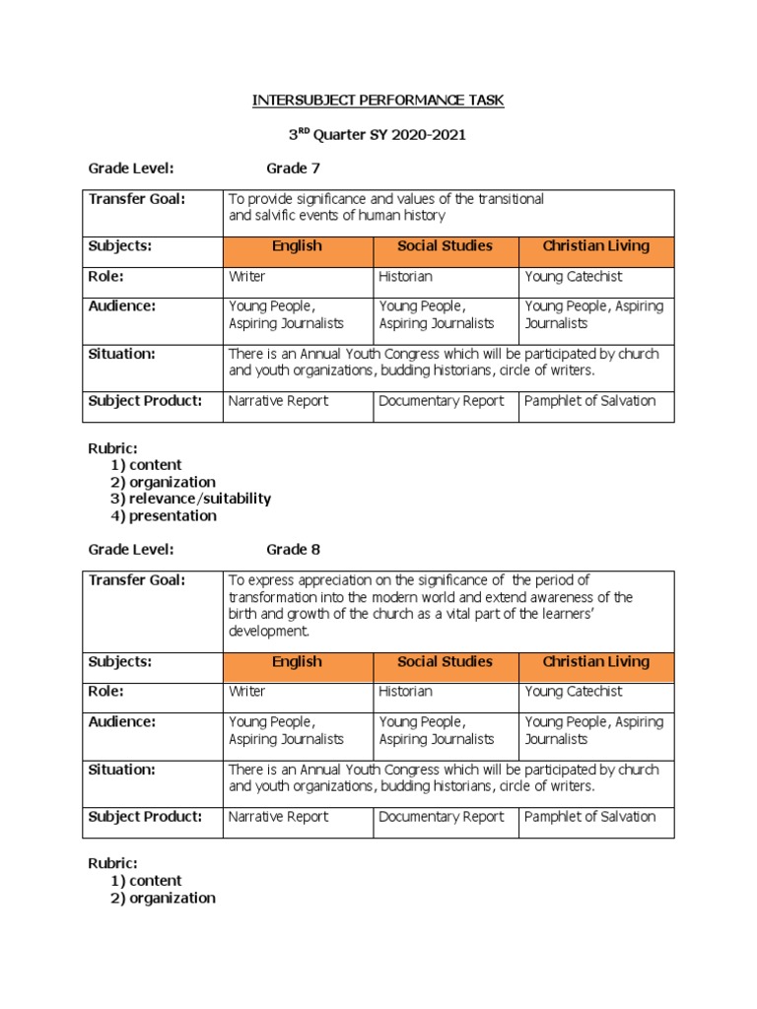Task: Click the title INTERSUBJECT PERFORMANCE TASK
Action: (378, 101)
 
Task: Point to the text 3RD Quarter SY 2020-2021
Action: (378, 135)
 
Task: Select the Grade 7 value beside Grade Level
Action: (293, 168)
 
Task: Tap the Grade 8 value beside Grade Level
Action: (293, 549)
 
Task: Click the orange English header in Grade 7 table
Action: (297, 246)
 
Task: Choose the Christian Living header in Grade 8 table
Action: (596, 662)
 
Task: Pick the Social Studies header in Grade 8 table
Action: (445, 662)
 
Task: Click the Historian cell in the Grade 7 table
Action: (405, 277)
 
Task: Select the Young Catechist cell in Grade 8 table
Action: (574, 692)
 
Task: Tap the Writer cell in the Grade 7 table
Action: (246, 277)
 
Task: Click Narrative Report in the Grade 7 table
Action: (278, 401)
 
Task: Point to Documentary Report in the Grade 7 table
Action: (441, 401)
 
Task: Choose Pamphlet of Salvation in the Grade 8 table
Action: (589, 816)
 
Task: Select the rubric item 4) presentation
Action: (163, 515)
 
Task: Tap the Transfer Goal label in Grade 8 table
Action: (136, 580)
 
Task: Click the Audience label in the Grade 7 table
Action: (122, 306)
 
